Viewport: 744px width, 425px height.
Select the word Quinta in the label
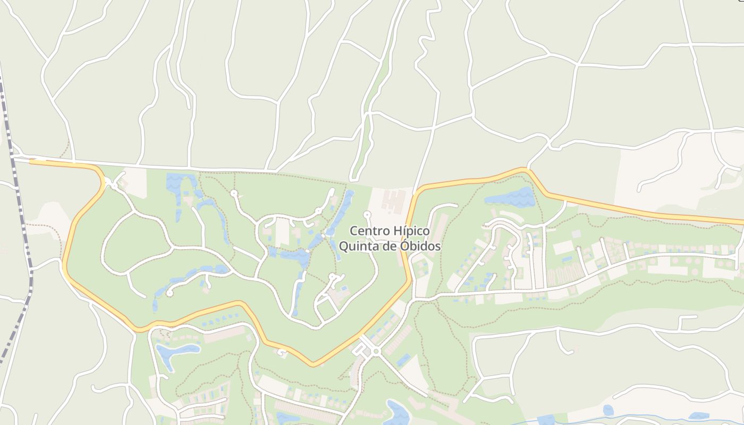(x=355, y=246)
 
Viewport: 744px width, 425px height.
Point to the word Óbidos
(x=421, y=246)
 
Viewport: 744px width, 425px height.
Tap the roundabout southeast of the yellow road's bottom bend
(x=376, y=351)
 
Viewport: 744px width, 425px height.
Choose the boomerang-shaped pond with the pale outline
(x=175, y=353)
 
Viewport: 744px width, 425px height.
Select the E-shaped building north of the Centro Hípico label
(x=393, y=201)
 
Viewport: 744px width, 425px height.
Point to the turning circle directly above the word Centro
(x=367, y=215)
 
